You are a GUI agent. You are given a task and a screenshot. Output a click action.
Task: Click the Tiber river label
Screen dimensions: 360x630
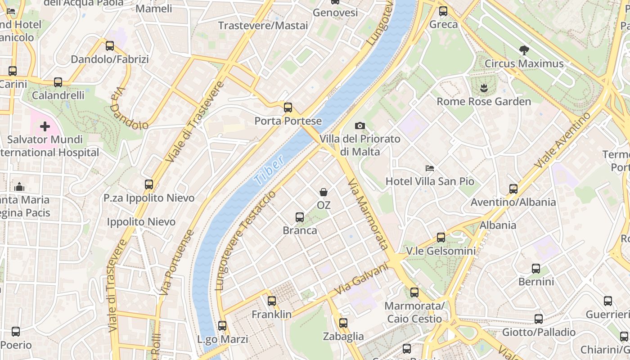click(x=269, y=170)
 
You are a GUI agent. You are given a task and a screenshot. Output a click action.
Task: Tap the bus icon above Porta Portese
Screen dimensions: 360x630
click(x=288, y=108)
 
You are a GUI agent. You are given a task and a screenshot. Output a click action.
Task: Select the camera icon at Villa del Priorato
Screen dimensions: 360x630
click(x=360, y=126)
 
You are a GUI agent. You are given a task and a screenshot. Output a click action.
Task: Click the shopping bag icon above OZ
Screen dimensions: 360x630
click(x=323, y=192)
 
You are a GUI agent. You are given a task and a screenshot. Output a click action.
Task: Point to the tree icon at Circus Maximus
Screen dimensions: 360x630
click(x=524, y=50)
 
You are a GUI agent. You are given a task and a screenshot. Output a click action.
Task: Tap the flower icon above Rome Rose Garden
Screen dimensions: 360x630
click(x=484, y=88)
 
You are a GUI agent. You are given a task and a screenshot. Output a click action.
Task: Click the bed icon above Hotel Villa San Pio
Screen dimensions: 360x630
click(x=430, y=168)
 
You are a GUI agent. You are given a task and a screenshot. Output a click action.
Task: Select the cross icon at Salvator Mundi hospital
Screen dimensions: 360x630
click(x=45, y=126)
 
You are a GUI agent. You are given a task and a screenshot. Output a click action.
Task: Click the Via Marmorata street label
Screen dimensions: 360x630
click(x=369, y=214)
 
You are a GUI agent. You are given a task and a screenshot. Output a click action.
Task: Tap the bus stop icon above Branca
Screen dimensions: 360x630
click(x=300, y=217)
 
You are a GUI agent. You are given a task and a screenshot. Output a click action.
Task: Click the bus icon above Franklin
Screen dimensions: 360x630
click(x=272, y=301)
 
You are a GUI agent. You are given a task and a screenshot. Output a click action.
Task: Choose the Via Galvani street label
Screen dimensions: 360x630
click(x=361, y=279)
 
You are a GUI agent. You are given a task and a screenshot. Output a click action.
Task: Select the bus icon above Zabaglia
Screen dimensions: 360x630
click(x=343, y=323)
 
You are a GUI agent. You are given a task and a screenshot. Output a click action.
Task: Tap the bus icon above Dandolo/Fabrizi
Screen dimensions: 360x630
click(x=110, y=46)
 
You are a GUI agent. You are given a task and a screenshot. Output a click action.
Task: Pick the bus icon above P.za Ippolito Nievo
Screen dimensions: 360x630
click(x=149, y=184)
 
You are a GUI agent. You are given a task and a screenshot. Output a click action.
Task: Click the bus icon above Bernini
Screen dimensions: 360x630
click(x=536, y=269)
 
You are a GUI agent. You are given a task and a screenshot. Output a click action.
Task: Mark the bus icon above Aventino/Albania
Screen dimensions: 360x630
click(x=513, y=189)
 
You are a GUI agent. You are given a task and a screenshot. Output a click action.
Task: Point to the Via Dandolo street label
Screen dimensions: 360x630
click(x=127, y=108)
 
